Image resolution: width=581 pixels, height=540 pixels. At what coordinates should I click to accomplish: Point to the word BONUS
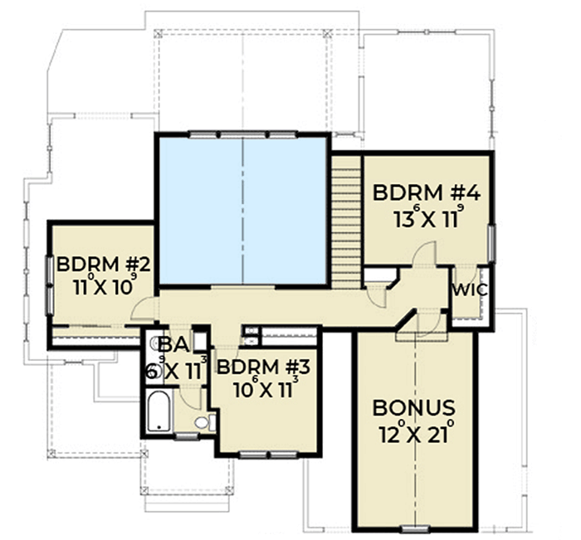413,408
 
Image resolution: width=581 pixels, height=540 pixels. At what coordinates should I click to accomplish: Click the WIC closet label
469,290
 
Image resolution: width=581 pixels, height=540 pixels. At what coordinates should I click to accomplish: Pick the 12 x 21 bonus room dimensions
413,433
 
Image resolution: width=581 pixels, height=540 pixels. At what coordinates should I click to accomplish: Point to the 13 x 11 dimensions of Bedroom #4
427,221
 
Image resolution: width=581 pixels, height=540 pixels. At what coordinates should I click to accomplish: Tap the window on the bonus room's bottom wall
413,528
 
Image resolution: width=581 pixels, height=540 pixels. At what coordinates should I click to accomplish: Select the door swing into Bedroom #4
423,253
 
